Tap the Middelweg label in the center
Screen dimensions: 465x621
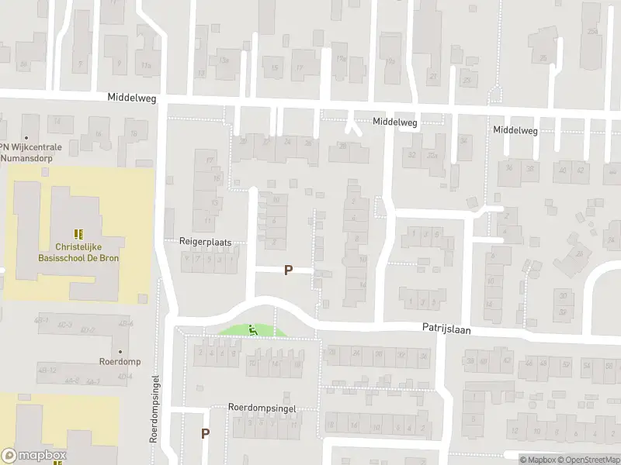[x=394, y=122]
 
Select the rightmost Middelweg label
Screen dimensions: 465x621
[x=515, y=130]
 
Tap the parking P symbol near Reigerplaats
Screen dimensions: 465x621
[x=288, y=270]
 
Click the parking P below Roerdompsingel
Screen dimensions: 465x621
[x=205, y=434]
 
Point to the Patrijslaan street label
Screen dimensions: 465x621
[x=446, y=329]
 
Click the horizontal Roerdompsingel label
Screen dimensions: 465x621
[x=262, y=407]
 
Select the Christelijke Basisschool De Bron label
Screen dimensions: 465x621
[x=76, y=252]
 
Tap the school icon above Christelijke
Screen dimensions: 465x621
[x=77, y=233]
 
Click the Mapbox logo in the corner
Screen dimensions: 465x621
[x=34, y=456]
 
